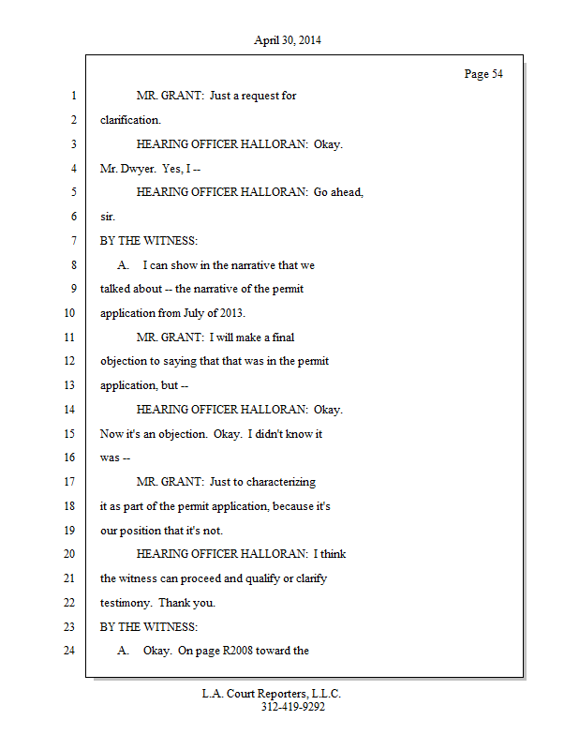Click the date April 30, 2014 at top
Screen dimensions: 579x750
point(288,40)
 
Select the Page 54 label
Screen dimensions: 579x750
point(483,74)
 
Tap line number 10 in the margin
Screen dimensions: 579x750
point(69,313)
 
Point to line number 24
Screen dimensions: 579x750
point(69,650)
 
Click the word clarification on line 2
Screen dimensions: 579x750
point(130,120)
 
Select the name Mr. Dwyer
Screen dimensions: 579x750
point(127,169)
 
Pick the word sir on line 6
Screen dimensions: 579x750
point(108,217)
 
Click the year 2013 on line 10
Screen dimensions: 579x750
point(233,313)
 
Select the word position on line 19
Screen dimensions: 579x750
point(141,531)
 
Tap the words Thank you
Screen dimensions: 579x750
point(187,603)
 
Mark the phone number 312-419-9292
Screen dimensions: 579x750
point(293,707)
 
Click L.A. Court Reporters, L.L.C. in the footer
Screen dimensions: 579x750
point(272,694)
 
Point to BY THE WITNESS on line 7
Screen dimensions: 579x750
point(149,241)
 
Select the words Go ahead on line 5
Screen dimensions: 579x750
point(338,192)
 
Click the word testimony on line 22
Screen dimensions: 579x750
point(126,603)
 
